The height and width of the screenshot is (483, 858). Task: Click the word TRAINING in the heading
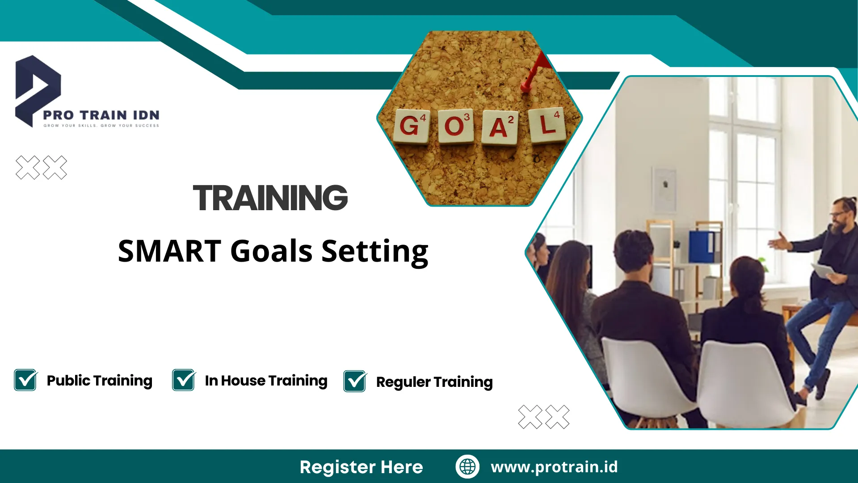pyautogui.click(x=270, y=198)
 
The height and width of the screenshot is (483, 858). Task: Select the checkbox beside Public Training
pyautogui.click(x=25, y=380)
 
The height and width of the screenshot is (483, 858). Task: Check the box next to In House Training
pyautogui.click(x=184, y=380)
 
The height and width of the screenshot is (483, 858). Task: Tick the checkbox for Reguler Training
pyautogui.click(x=355, y=381)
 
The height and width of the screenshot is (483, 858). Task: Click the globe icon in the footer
pyautogui.click(x=467, y=466)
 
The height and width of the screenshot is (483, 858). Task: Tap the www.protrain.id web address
pyautogui.click(x=554, y=467)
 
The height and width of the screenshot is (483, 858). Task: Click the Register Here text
pyautogui.click(x=361, y=467)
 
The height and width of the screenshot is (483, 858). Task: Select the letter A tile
pyautogui.click(x=500, y=127)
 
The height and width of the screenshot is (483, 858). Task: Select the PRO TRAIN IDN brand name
pyautogui.click(x=101, y=115)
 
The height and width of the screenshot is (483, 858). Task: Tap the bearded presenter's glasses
pyautogui.click(x=838, y=214)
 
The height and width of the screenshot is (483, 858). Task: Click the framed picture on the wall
pyautogui.click(x=664, y=190)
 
